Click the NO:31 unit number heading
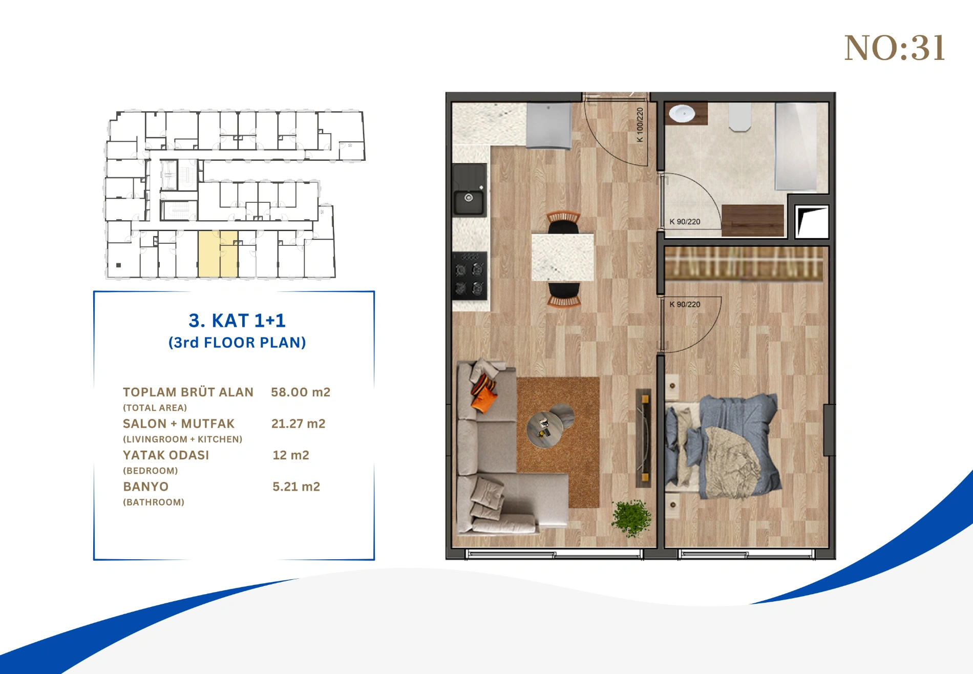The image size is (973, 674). (x=894, y=49)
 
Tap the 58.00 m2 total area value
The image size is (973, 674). (x=301, y=392)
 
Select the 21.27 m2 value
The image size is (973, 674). (x=298, y=424)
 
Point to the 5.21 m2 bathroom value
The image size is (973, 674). (x=296, y=487)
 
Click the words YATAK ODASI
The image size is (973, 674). (x=166, y=455)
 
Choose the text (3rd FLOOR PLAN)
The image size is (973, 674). (x=237, y=343)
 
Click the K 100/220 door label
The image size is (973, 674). (x=640, y=125)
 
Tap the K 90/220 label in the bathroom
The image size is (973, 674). (x=685, y=222)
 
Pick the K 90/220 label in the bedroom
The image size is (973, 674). (x=685, y=304)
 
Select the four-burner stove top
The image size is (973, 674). (x=470, y=276)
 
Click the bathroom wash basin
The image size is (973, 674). (x=682, y=114)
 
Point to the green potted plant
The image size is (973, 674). (x=631, y=518)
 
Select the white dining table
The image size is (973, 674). (x=562, y=258)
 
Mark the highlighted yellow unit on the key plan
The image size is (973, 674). (x=218, y=254)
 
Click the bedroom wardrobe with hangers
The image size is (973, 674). (x=744, y=264)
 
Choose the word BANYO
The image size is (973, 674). (x=146, y=487)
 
